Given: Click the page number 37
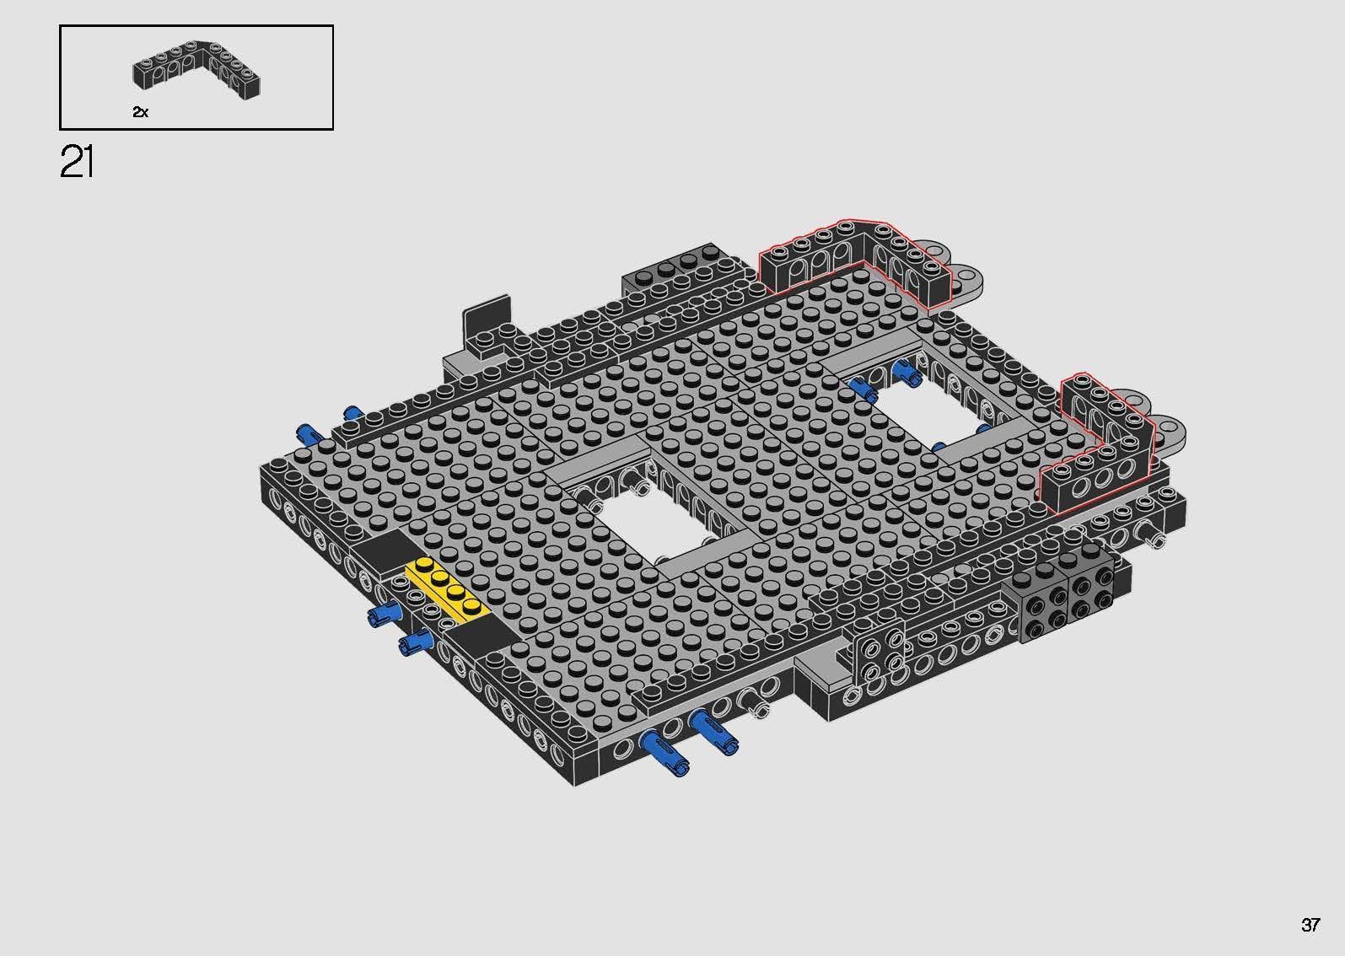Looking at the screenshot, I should tap(1310, 925).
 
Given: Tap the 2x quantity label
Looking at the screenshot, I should tap(140, 111).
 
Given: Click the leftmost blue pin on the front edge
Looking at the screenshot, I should tap(666, 752).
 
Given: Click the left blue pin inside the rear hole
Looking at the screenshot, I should tap(863, 389).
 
